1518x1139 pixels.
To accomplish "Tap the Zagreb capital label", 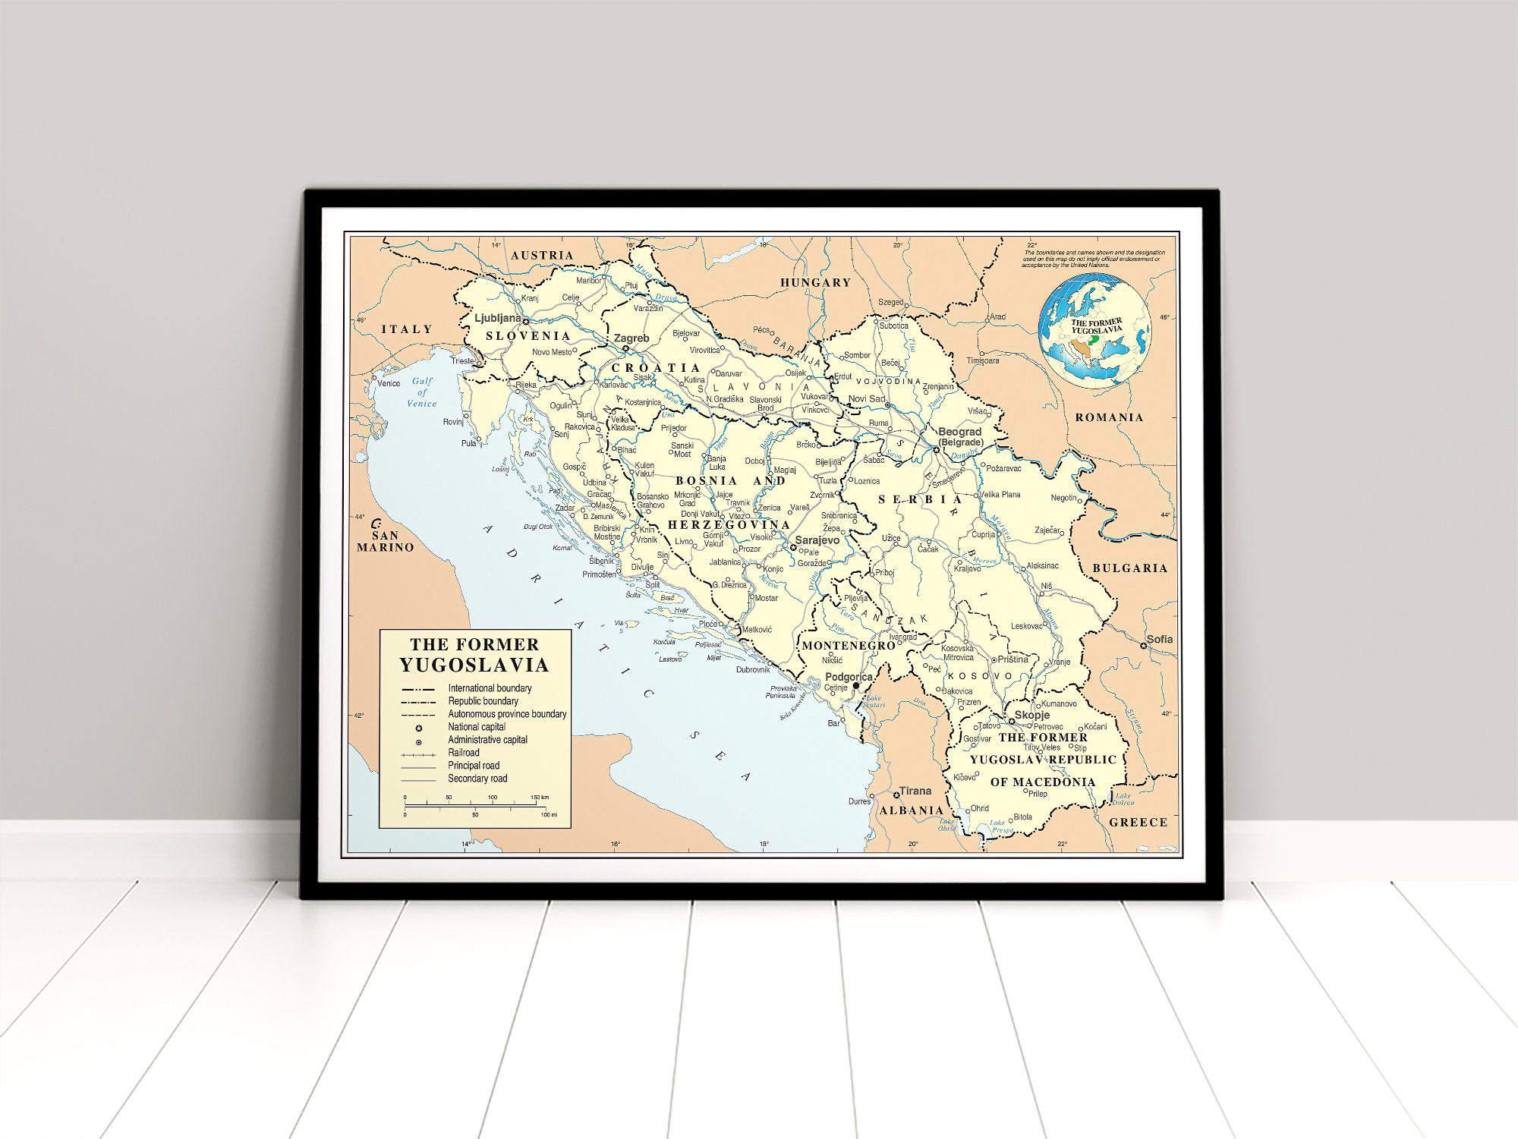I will click(x=631, y=338).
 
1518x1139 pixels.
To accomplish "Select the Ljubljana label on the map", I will click(x=497, y=319).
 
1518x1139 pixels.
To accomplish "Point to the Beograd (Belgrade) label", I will click(x=960, y=437).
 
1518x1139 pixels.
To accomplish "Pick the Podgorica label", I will click(x=849, y=676).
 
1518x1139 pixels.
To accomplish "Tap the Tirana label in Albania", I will click(x=915, y=791).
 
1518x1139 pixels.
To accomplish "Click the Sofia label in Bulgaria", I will click(x=1159, y=639).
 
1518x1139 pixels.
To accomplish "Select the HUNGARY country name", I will click(x=816, y=282).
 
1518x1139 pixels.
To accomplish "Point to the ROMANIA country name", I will click(x=1109, y=417).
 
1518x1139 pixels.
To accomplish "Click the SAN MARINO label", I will click(x=386, y=541).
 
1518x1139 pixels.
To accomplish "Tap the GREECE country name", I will click(x=1138, y=822).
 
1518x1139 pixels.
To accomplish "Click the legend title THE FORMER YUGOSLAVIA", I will click(x=474, y=655).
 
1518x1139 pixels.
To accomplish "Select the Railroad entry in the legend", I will click(x=463, y=753).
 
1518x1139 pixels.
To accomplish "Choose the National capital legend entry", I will click(x=477, y=727).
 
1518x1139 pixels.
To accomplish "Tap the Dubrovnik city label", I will click(x=752, y=670).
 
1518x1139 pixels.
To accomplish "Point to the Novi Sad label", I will click(x=866, y=399).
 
